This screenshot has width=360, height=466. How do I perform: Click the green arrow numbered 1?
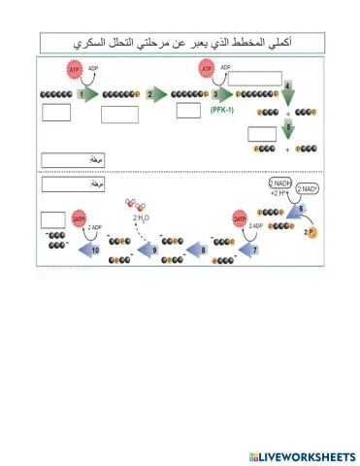pos(86,94)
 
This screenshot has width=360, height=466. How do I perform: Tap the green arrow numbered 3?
pos(221,94)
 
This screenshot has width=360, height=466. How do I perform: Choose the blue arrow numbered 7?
pos(251,249)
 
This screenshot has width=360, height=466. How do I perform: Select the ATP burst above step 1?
pos(75,71)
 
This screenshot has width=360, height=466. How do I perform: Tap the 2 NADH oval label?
pos(282,184)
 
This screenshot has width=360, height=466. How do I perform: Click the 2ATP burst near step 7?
pos(239,221)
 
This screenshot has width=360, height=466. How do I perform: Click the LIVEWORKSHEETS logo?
pos(302,455)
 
